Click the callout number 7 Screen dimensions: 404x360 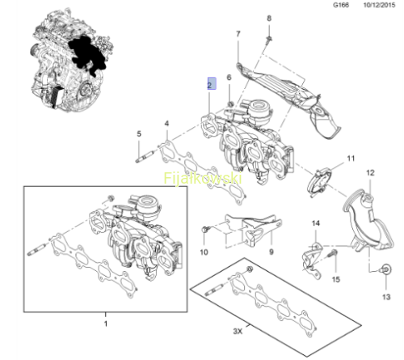(238, 34)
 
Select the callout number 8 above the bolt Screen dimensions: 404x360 (269, 19)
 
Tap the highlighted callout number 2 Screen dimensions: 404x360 (212, 83)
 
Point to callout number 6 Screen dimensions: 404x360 (229, 78)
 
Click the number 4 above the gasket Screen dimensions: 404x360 (167, 124)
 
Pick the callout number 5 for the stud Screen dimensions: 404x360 (139, 133)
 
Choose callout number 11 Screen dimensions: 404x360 (351, 159)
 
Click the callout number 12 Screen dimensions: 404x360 (370, 173)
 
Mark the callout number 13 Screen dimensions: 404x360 (386, 297)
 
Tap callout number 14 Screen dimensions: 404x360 (316, 223)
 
